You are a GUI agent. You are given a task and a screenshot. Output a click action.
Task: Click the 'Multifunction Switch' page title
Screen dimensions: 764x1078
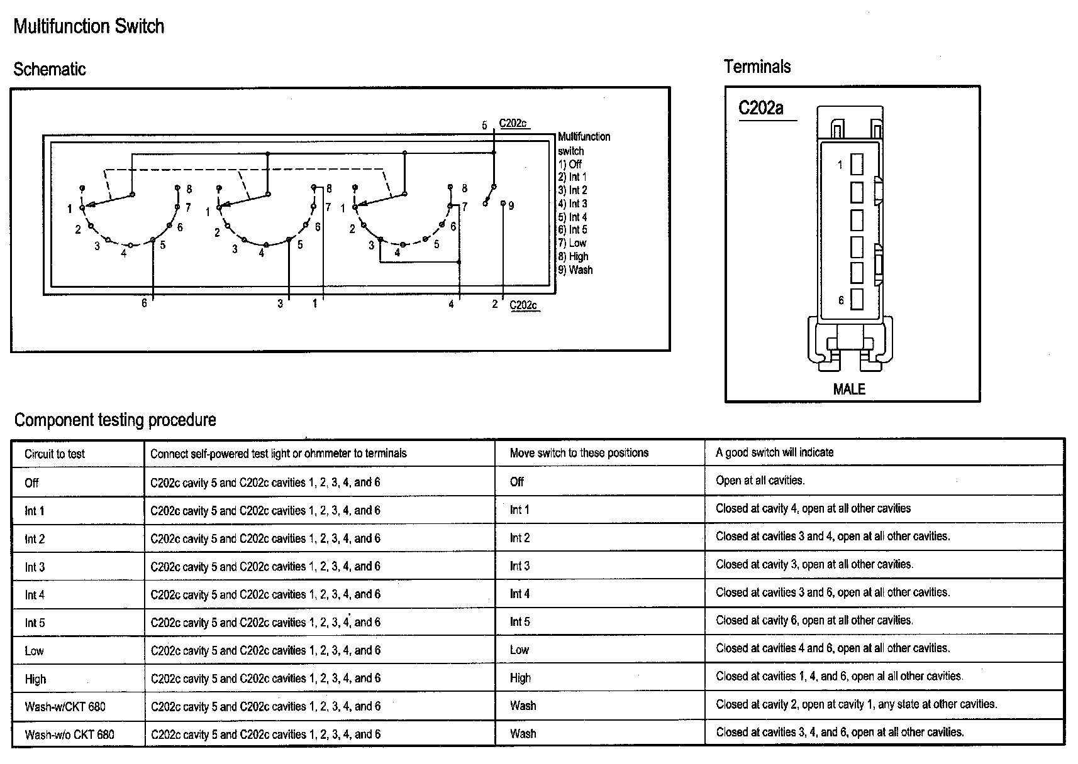tap(89, 26)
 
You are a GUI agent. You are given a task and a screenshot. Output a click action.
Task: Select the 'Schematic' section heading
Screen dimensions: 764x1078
tap(49, 69)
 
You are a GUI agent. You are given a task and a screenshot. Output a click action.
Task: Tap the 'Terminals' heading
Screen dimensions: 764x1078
tap(757, 67)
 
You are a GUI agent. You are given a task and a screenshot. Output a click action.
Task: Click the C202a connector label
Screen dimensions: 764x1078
tap(760, 109)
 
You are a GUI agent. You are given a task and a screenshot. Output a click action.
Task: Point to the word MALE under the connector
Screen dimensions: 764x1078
tap(849, 390)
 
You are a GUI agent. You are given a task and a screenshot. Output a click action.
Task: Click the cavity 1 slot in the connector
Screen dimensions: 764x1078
tap(857, 165)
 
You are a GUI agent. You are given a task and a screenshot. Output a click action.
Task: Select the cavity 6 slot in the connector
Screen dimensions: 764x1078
tap(857, 300)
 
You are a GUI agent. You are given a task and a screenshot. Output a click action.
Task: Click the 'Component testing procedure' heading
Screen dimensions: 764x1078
tap(115, 420)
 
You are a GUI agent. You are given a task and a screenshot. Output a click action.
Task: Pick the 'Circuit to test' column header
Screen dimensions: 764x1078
tap(55, 454)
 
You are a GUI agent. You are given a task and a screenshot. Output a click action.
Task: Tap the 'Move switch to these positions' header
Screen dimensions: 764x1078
tap(579, 453)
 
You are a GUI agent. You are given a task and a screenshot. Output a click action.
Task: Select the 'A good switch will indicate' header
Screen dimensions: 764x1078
tap(774, 452)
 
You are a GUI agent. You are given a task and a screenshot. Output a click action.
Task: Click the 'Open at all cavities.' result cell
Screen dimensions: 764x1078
tap(760, 481)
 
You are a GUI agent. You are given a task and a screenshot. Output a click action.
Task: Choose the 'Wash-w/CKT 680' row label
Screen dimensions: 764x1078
tap(65, 706)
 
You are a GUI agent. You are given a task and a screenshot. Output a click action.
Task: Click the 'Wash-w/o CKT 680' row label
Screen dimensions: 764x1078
tap(69, 734)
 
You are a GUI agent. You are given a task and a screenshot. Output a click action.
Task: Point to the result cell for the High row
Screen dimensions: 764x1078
tap(839, 677)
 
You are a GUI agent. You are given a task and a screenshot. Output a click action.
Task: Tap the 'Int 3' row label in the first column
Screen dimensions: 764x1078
tap(35, 567)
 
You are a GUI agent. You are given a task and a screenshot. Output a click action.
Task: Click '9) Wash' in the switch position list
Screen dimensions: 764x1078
tap(575, 270)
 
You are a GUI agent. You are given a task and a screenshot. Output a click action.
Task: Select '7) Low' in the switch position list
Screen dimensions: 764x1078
tap(572, 243)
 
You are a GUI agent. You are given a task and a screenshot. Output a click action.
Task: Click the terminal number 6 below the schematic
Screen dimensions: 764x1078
tap(144, 303)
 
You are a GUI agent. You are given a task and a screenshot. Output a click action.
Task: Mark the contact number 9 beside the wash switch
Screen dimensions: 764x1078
tap(511, 206)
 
